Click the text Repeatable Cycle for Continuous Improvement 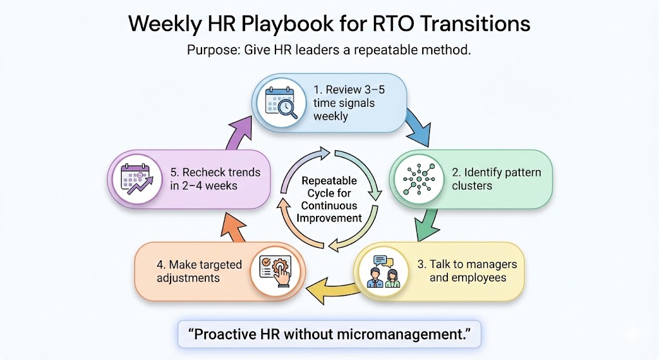pos(329,200)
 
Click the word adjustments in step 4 pos(188,278)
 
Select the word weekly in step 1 pos(331,116)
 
